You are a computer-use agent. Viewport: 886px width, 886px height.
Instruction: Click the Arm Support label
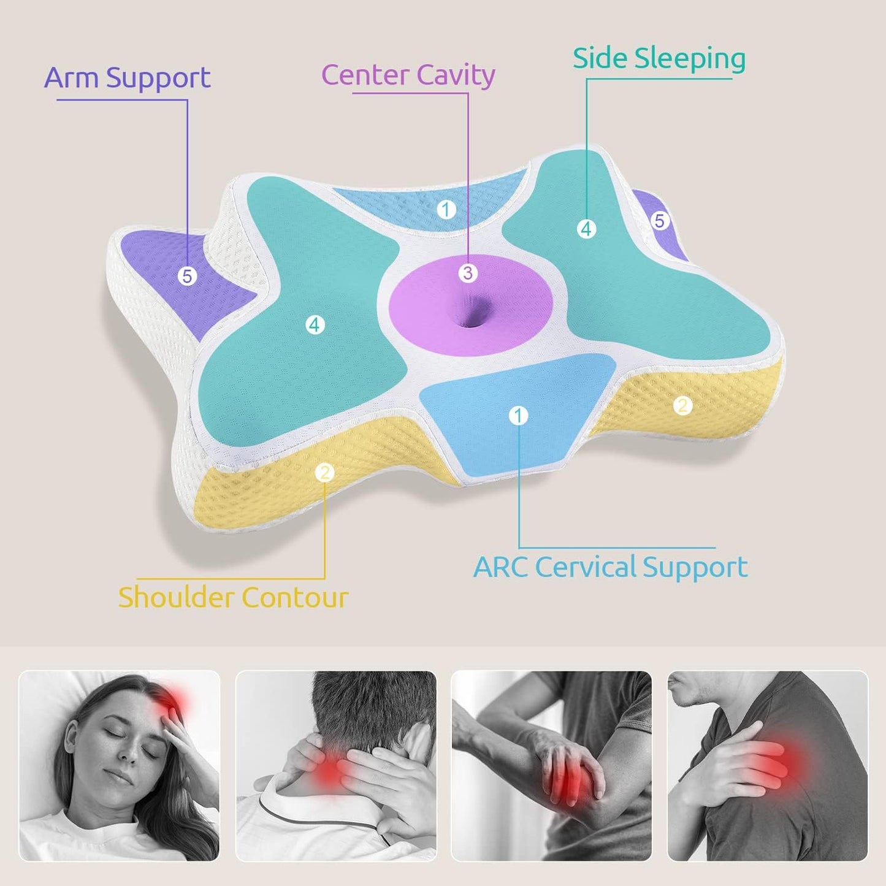128,78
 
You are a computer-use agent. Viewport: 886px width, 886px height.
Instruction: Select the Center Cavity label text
408,75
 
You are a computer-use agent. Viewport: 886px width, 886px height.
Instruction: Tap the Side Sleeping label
659,59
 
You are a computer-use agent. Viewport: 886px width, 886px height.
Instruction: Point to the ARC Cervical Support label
611,567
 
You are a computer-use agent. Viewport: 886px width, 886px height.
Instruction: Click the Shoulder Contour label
233,598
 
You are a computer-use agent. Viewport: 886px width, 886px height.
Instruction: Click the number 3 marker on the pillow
468,273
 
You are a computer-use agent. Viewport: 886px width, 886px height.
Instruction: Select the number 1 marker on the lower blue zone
518,416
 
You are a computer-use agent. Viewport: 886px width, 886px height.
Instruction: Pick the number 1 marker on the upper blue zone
446,210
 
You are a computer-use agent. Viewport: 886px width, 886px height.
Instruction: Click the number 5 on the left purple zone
187,277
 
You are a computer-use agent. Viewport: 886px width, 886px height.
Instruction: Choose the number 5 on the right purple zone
659,221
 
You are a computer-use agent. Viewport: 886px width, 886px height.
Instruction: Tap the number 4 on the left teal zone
315,325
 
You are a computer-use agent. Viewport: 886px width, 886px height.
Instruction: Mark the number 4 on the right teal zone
586,229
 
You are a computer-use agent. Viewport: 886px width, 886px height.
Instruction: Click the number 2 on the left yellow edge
325,472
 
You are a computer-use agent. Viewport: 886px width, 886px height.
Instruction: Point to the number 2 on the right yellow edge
682,405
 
